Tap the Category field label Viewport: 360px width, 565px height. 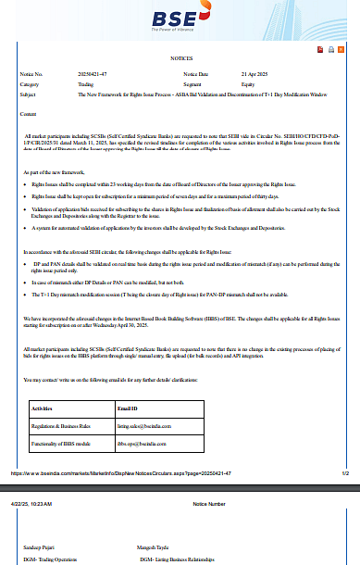tap(30, 83)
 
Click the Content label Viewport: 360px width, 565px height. tap(28, 113)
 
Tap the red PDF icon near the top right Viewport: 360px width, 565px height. tap(318, 49)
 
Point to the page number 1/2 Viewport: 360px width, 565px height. tap(344, 473)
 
